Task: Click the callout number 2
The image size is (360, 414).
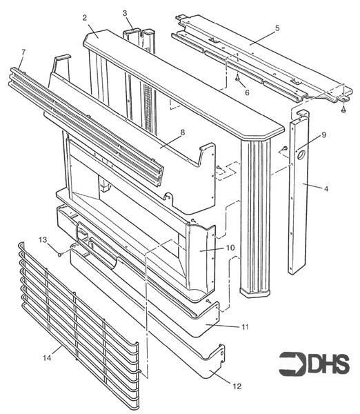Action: [x=83, y=17]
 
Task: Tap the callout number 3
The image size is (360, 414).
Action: [x=125, y=13]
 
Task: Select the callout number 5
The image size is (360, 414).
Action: [x=257, y=28]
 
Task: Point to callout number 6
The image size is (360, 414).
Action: [x=248, y=92]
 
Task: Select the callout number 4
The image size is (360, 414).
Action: [x=307, y=186]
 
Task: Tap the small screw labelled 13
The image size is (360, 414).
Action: [x=61, y=254]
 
